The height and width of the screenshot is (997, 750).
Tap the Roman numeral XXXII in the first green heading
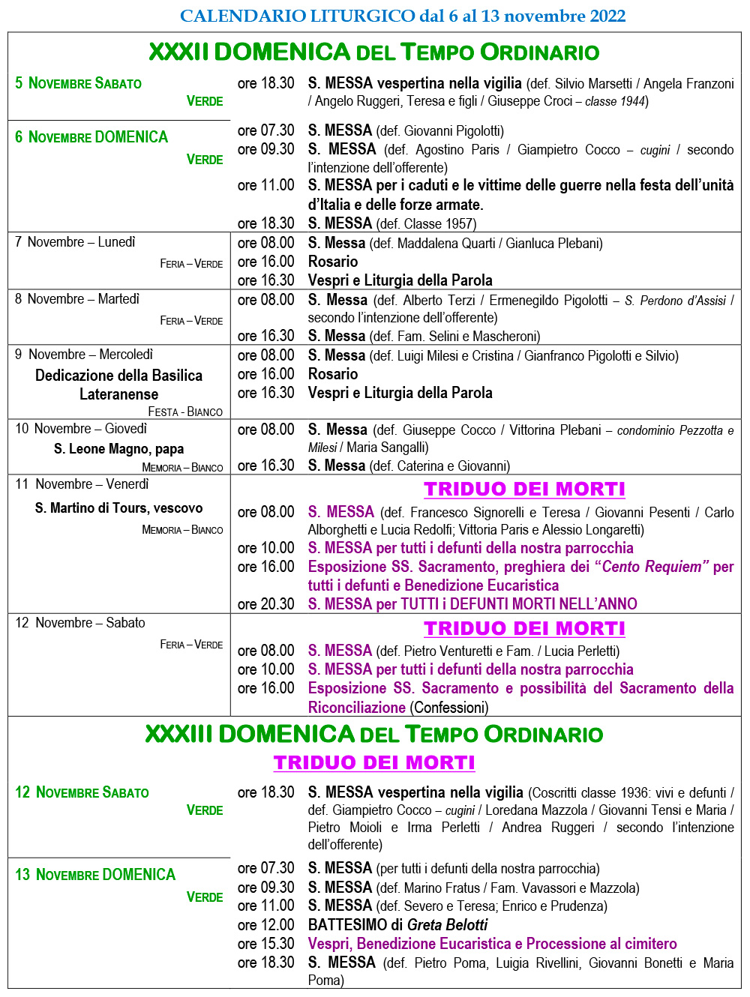178,52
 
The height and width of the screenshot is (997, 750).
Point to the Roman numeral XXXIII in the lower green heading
178,734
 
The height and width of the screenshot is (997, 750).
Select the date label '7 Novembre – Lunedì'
75,242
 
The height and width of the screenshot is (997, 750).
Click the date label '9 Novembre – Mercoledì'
84,355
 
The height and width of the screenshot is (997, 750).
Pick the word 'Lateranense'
118,394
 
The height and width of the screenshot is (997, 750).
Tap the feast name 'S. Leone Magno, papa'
118,449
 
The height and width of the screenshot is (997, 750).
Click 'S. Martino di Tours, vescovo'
118,508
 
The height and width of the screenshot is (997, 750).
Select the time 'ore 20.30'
265,604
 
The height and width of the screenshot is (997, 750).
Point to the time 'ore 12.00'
265,925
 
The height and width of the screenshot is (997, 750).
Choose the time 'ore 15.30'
265,944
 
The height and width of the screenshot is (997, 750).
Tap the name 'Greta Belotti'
448,925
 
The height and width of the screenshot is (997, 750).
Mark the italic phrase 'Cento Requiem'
652,567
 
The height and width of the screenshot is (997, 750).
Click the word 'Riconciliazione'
357,707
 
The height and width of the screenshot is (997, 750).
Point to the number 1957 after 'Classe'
458,223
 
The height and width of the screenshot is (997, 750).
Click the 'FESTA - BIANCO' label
185,412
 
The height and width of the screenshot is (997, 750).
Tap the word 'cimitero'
649,944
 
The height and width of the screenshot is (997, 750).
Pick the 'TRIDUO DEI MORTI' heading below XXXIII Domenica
374,762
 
